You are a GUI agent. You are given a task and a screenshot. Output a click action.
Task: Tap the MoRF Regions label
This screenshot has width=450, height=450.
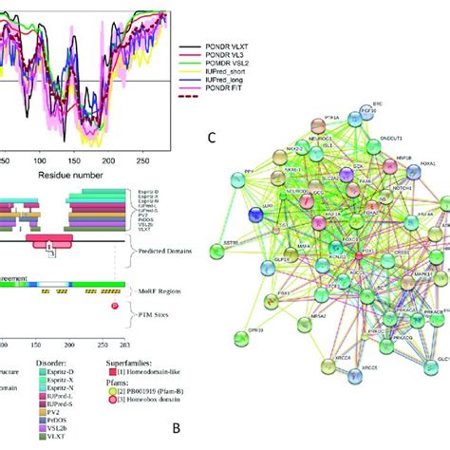point(155,290)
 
